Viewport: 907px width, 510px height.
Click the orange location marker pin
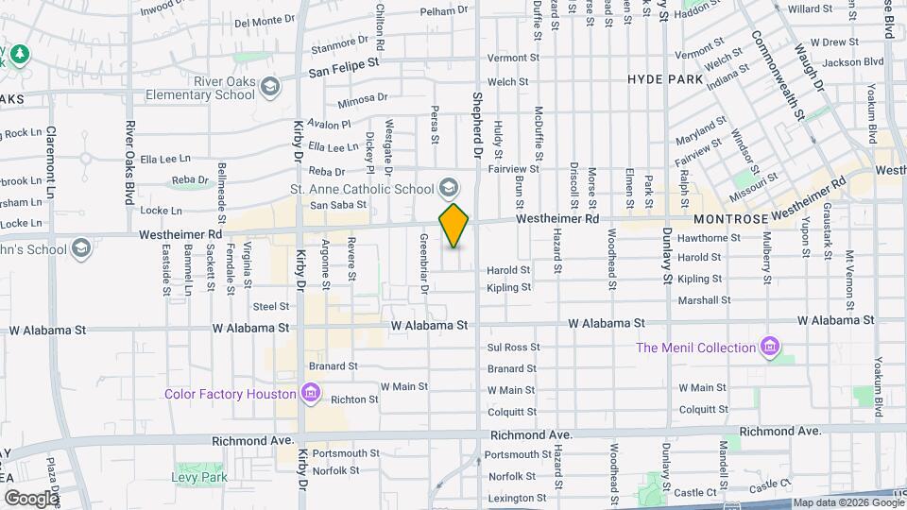tap(454, 225)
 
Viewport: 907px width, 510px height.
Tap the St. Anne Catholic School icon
tap(449, 186)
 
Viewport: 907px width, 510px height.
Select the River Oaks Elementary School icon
tap(271, 87)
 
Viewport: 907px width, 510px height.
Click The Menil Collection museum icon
tap(772, 348)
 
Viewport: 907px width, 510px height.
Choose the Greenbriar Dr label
tap(424, 263)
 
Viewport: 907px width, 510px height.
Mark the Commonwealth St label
tap(777, 76)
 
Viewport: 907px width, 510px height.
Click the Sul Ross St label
tap(513, 348)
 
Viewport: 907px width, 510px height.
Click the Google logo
tap(30, 498)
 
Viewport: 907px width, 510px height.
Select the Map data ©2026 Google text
tap(846, 502)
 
